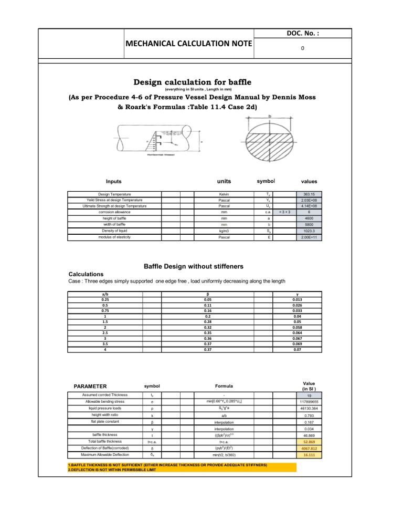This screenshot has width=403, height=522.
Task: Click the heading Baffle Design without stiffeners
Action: tap(193, 265)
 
